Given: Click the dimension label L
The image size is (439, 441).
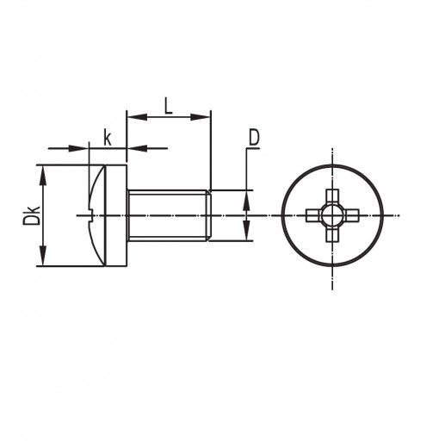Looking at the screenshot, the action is click(169, 106).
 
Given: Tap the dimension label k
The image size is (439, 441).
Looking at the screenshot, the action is click(108, 138).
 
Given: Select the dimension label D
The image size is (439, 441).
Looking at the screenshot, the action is click(254, 137).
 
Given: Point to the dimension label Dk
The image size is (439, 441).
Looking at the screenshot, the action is click(31, 215).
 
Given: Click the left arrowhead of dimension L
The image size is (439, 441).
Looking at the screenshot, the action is click(137, 117).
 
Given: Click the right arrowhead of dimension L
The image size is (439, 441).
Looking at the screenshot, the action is click(201, 117).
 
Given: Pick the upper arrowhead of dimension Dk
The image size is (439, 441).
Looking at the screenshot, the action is click(43, 176).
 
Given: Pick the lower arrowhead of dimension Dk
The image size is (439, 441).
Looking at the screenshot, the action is click(43, 256).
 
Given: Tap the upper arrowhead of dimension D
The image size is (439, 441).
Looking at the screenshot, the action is click(246, 201).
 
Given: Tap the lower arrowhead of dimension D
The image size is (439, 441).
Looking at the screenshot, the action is click(246, 230).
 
